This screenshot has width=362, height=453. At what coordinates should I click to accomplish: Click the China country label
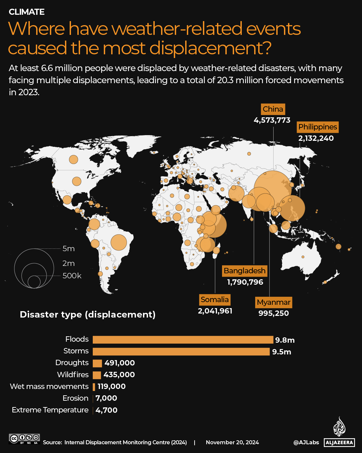click(x=273, y=109)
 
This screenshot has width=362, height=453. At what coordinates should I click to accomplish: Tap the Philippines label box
click(x=317, y=127)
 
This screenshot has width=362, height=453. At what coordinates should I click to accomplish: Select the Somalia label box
click(x=215, y=300)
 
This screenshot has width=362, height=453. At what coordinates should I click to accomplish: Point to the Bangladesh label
click(x=244, y=271)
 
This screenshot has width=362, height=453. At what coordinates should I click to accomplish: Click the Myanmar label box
click(x=273, y=302)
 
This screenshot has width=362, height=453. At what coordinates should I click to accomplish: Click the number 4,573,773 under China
click(x=272, y=120)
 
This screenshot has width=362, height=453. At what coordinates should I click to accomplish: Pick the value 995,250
click(x=273, y=314)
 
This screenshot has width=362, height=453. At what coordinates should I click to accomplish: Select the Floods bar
click(x=183, y=340)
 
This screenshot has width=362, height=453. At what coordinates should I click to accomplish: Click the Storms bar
click(x=181, y=351)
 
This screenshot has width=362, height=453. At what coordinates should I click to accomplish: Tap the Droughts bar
click(x=97, y=363)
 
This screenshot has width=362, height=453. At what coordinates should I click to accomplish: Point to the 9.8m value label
click(x=285, y=340)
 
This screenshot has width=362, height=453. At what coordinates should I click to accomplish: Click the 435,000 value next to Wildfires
click(x=119, y=375)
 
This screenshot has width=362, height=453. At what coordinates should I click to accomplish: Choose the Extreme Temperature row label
click(x=50, y=410)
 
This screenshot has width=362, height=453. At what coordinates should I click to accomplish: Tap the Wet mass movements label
click(x=49, y=387)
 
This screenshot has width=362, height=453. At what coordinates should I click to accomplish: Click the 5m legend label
click(x=68, y=249)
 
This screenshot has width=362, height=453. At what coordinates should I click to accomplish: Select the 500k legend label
click(x=72, y=276)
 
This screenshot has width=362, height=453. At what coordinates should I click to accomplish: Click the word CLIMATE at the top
click(x=26, y=12)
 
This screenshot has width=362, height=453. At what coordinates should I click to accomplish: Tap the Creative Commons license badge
click(x=24, y=439)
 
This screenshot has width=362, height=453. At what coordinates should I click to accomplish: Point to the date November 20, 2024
click(x=232, y=443)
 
